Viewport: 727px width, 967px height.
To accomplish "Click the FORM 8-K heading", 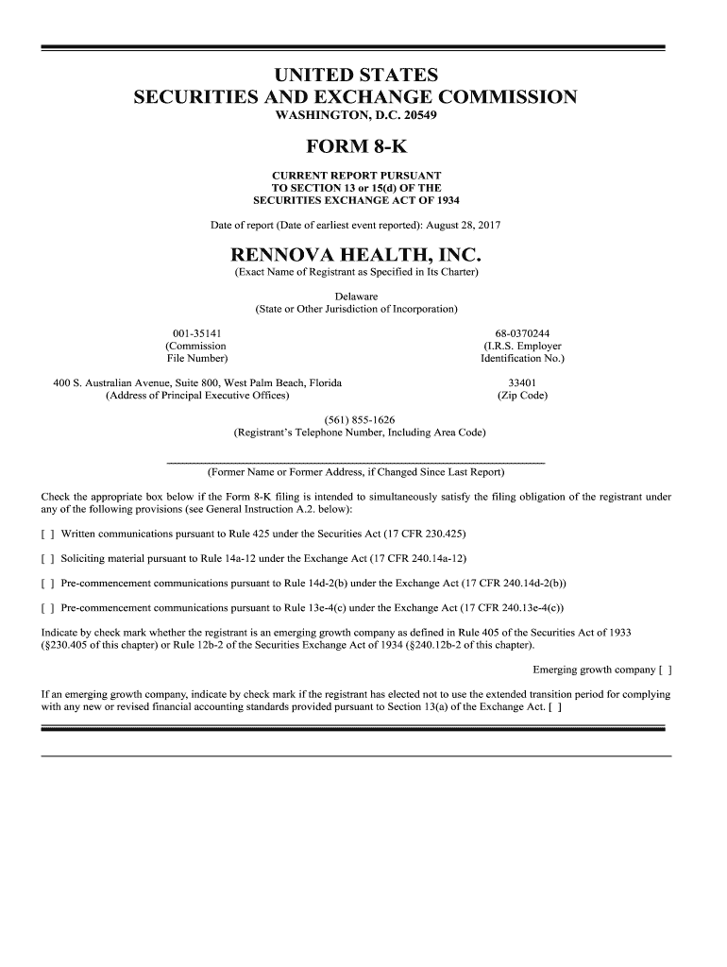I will (356, 146).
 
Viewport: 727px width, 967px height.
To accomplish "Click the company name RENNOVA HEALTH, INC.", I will (356, 254).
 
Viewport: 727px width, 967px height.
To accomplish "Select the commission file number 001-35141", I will (196, 333).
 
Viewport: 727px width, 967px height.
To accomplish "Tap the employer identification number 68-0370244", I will (522, 333).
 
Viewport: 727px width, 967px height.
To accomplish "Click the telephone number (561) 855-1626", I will (359, 419).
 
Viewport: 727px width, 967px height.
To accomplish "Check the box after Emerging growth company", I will (665, 670).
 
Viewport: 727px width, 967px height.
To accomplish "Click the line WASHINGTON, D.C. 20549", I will (356, 116).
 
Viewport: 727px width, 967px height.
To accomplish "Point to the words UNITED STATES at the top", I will (356, 75).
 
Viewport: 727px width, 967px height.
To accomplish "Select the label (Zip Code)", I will (522, 396).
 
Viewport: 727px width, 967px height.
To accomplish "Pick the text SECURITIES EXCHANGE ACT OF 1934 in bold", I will (356, 200).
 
